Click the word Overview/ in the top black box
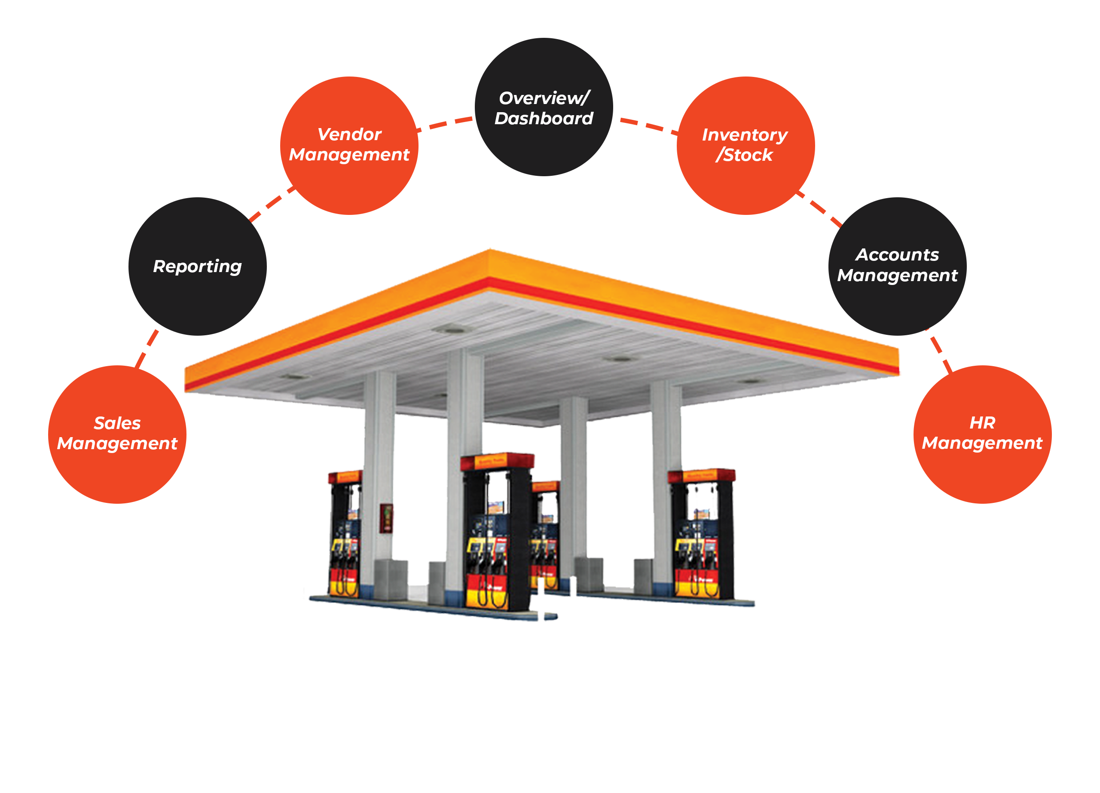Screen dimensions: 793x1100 coord(544,98)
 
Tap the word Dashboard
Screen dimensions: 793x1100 coord(544,118)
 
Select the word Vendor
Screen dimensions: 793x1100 coord(349,135)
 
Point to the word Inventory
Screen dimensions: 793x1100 coord(745,135)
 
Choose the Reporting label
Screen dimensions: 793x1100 coord(197,266)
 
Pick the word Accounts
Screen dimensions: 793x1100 coord(897,254)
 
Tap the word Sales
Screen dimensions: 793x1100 coord(117,423)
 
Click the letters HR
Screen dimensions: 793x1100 coord(982,423)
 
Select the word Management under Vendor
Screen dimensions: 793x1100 coord(349,155)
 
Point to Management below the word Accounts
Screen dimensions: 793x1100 coord(897,276)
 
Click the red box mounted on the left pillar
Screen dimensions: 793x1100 coord(385,518)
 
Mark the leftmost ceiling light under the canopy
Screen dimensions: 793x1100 coord(293,377)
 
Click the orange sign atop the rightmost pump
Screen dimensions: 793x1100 coord(701,475)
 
